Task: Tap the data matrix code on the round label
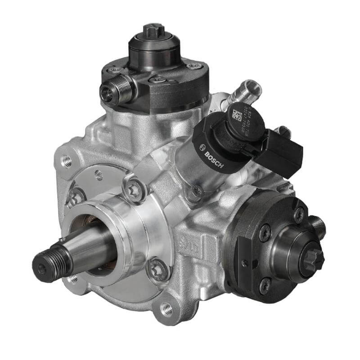237,114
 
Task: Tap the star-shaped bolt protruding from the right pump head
314,258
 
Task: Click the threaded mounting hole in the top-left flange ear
67,160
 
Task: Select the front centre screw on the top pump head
158,80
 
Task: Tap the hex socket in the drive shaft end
41,270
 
